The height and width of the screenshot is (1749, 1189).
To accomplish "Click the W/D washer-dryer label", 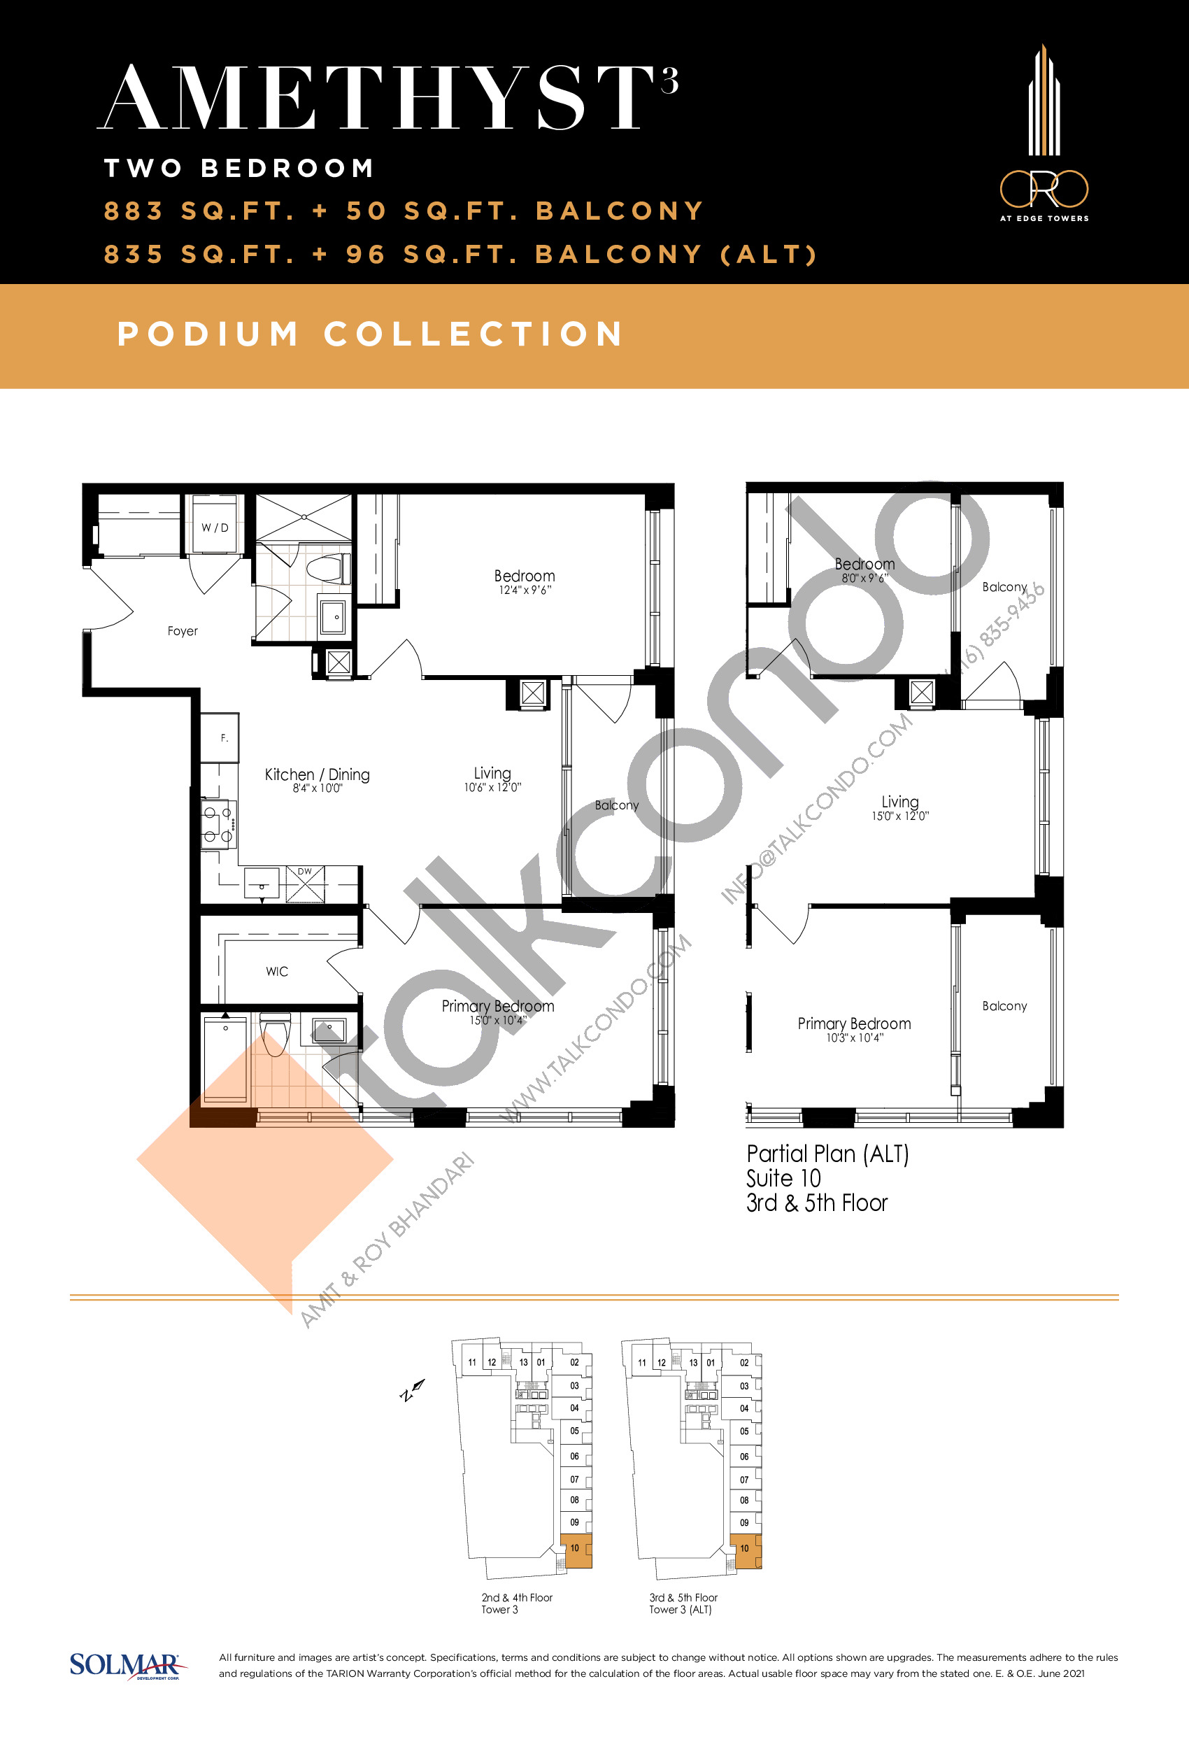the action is click(x=215, y=527).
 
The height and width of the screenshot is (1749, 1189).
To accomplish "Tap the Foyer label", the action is click(x=182, y=630).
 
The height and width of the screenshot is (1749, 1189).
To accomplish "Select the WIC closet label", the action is click(x=277, y=972).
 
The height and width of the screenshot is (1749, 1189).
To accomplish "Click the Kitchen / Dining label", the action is click(x=317, y=774).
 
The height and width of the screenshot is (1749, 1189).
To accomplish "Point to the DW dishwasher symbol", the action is click(x=305, y=884).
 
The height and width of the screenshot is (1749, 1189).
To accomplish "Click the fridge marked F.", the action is click(x=220, y=737).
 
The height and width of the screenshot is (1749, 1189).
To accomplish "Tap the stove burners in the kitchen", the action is click(x=218, y=823).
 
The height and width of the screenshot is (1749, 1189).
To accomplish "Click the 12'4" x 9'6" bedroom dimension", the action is click(x=525, y=590).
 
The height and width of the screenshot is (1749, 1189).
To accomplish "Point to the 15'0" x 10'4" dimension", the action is click(x=497, y=1021).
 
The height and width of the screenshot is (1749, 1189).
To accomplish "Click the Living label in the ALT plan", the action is click(x=900, y=802).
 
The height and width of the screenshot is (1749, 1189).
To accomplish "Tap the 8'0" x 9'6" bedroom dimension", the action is click(x=864, y=578).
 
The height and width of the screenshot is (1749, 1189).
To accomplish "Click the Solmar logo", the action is click(x=126, y=1666).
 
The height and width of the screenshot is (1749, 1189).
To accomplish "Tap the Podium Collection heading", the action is click(x=370, y=334).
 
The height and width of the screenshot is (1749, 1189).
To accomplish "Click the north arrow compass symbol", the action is click(x=413, y=1391).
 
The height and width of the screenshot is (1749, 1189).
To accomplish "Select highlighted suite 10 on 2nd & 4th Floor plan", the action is click(x=577, y=1550).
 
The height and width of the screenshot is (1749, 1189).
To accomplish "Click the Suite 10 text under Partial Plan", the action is click(x=783, y=1179).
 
